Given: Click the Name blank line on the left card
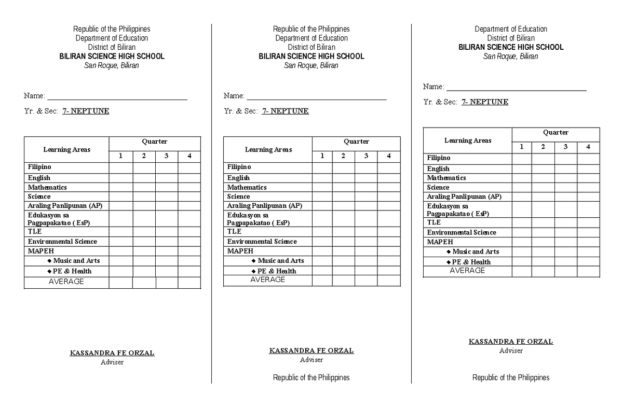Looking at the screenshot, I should pyautogui.click(x=117, y=98).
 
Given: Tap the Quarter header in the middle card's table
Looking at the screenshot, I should pyautogui.click(x=356, y=142).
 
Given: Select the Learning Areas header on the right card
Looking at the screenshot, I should pyautogui.click(x=467, y=141).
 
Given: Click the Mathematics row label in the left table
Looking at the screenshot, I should pyautogui.click(x=47, y=187).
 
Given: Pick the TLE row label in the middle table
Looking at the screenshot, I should pyautogui.click(x=234, y=232).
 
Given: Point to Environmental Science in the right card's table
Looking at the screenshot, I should pyautogui.click(x=462, y=233).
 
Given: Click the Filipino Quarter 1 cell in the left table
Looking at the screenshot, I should pyautogui.click(x=121, y=167).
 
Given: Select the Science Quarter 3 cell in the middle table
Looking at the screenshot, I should pyautogui.click(x=366, y=197).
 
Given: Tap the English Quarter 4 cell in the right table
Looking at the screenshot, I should pyautogui.click(x=588, y=169).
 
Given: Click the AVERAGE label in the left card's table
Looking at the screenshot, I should pyautogui.click(x=66, y=282).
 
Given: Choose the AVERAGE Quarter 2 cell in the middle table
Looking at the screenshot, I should pyautogui.click(x=343, y=280).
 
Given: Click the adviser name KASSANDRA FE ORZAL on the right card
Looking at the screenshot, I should pyautogui.click(x=511, y=342).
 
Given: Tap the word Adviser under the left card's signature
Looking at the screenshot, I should pyautogui.click(x=112, y=362).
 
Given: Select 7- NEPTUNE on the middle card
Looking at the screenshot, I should pyautogui.click(x=285, y=111).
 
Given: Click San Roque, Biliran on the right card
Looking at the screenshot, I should pyautogui.click(x=511, y=56).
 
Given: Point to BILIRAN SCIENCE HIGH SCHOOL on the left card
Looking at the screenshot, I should pyautogui.click(x=112, y=56).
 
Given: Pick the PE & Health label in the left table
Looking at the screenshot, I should pyautogui.click(x=72, y=271).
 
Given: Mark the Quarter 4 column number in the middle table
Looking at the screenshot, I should pyautogui.click(x=388, y=156).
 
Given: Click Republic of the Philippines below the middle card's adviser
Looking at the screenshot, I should pyautogui.click(x=311, y=377).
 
